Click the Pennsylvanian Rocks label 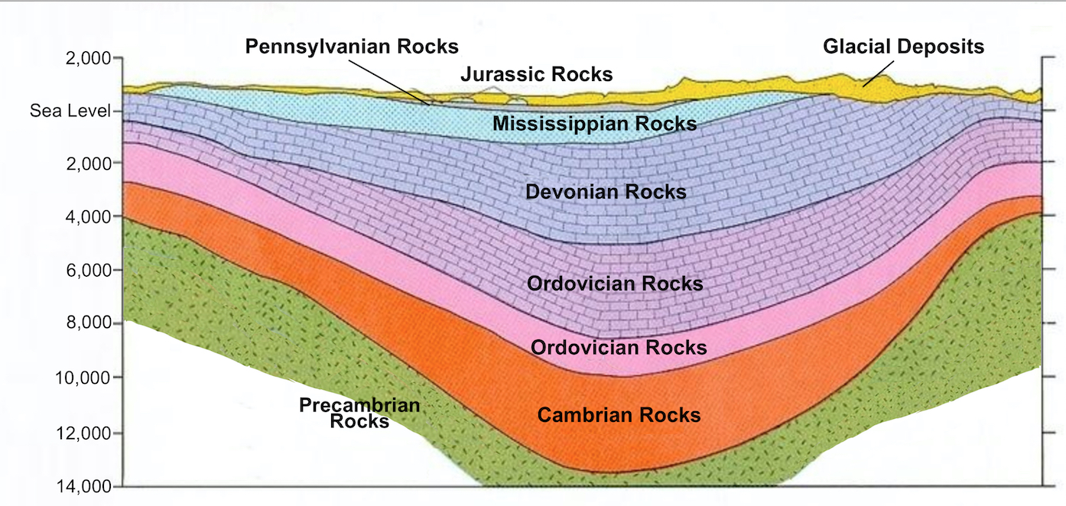tap(352, 47)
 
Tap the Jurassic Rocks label tap(536, 74)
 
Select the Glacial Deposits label tap(903, 47)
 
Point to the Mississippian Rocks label tap(594, 123)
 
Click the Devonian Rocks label tap(606, 192)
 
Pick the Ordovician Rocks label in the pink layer tap(619, 348)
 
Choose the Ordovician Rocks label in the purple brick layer tap(615, 284)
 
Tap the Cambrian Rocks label tap(619, 415)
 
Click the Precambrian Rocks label tap(359, 412)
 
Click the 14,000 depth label tap(85, 487)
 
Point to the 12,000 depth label tap(85, 433)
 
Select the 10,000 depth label tap(85, 378)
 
